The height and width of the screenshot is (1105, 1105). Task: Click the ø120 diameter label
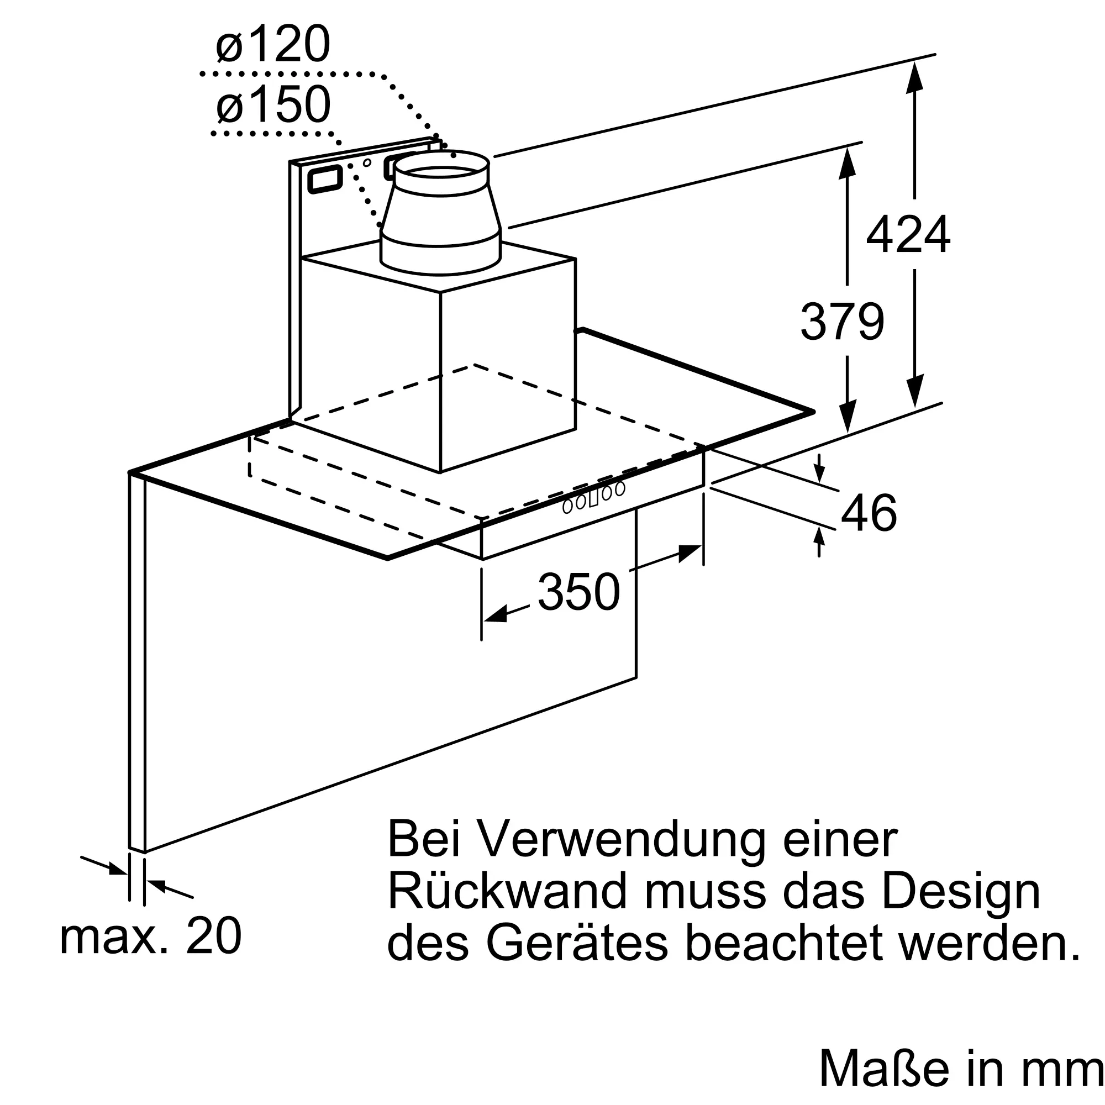point(273,44)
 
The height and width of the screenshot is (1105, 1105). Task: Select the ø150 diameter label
point(273,104)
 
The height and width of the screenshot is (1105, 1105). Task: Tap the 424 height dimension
point(908,234)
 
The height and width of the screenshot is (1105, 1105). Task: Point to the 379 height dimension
point(842,322)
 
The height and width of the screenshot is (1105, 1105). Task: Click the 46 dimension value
point(868,513)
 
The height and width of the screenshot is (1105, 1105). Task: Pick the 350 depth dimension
point(579,592)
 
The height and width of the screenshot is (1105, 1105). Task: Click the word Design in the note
point(961,892)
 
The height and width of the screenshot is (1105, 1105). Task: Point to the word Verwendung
point(620,840)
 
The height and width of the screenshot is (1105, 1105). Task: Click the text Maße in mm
point(961,1068)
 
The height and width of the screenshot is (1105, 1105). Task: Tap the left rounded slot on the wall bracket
point(325,180)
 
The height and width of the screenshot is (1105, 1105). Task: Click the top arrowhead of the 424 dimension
point(914,77)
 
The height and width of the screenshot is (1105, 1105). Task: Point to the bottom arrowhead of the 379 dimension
point(847,417)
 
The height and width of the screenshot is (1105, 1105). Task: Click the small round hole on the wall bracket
point(367,163)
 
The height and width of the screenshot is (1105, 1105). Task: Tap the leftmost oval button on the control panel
point(567,507)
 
